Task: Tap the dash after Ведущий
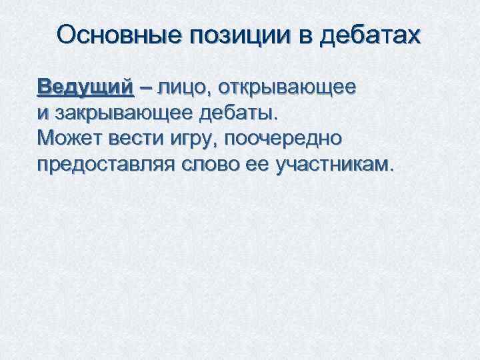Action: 146,89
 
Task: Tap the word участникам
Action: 337,165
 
